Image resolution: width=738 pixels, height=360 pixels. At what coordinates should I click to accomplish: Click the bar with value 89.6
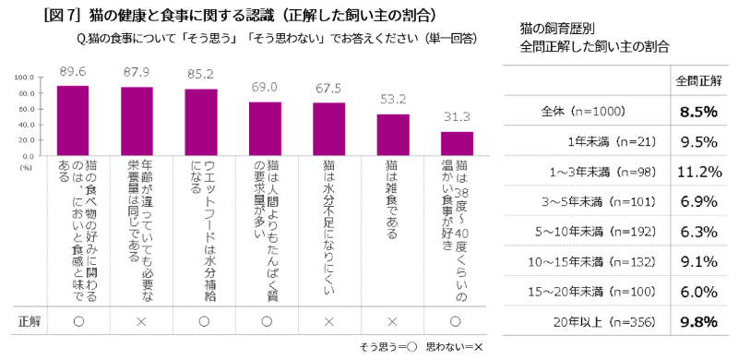(73, 121)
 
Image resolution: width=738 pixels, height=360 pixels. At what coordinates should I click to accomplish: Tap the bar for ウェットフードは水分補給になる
(201, 123)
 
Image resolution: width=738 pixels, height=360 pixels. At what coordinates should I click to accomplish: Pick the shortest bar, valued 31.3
(457, 144)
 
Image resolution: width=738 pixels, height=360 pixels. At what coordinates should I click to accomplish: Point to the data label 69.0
(265, 88)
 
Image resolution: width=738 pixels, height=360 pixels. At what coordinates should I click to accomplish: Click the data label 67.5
(329, 89)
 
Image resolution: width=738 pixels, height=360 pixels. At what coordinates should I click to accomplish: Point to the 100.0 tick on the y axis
(24, 78)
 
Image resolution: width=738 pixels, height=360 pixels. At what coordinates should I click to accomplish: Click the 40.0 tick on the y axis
(24, 125)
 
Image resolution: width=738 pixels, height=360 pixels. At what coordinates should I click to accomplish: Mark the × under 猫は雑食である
(393, 321)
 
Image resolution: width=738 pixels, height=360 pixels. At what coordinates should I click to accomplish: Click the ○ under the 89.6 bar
(78, 321)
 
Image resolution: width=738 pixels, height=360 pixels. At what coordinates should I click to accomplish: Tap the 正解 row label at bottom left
(29, 321)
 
